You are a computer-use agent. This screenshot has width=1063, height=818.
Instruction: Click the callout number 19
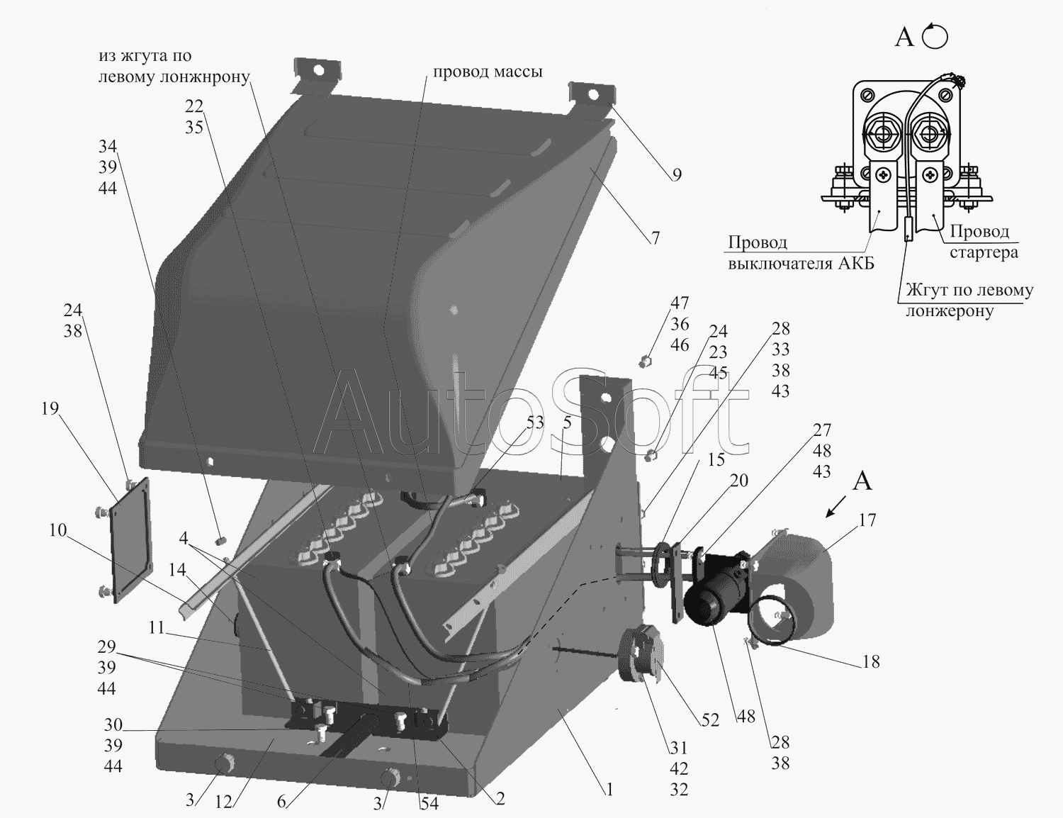[x=50, y=408]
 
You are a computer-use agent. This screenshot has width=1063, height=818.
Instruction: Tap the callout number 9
[x=677, y=174]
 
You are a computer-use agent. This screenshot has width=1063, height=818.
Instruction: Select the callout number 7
[x=656, y=237]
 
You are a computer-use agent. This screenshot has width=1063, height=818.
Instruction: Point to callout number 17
[x=867, y=520]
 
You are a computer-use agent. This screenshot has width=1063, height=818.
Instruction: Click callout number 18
[x=871, y=661]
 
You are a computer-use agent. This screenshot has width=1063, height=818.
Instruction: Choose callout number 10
[x=57, y=530]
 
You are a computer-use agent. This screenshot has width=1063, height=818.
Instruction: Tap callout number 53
[x=534, y=422]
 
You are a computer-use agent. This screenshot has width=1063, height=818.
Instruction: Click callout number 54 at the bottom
[x=429, y=804]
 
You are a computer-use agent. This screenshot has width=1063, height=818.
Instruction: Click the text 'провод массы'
[x=488, y=72]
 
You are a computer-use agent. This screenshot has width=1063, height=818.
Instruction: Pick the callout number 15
[x=716, y=460]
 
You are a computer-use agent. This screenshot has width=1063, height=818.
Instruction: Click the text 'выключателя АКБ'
[x=802, y=264]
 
